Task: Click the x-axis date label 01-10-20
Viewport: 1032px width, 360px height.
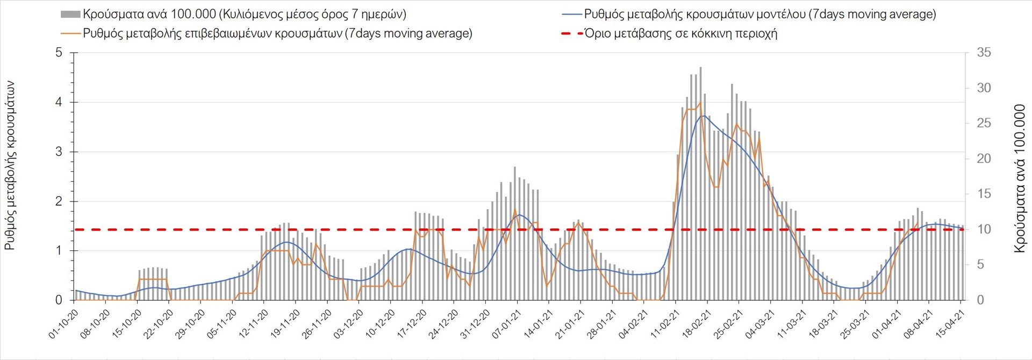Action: pos(64,323)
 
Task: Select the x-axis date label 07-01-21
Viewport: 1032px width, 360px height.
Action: pos(506,323)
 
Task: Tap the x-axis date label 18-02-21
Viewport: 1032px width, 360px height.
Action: pos(696,323)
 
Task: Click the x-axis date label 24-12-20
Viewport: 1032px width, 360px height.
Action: pos(443,323)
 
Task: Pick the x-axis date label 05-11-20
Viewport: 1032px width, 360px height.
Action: pos(222,323)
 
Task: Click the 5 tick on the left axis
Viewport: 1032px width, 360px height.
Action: pos(59,53)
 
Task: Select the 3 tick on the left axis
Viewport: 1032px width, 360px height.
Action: pos(59,152)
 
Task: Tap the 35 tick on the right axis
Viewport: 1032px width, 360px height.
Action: pos(984,53)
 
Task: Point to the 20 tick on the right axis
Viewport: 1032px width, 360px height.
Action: pos(984,159)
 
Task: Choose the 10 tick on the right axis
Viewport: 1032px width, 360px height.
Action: pos(984,229)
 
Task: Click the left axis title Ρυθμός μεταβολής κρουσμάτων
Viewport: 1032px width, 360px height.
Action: pos(10,165)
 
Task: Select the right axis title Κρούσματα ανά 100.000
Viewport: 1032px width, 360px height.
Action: pos(1019,178)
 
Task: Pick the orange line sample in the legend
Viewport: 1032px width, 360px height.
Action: pos(70,33)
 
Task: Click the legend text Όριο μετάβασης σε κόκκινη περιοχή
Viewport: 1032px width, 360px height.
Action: pos(680,33)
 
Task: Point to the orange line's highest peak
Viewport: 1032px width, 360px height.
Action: pos(700,103)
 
